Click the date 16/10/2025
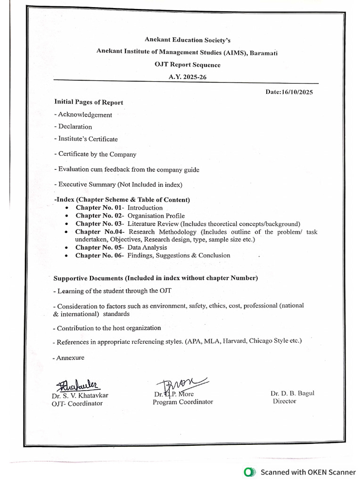coord(297,92)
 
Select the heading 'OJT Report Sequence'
coord(187,65)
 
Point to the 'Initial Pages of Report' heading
coord(89,102)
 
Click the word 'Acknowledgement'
coord(85,115)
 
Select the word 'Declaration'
coord(75,126)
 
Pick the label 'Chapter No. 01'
coord(99,208)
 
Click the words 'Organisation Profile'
coord(156,216)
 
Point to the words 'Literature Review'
coord(153,224)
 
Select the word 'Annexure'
coord(71,358)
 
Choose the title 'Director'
coord(284,401)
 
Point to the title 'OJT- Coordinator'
coord(77,403)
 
